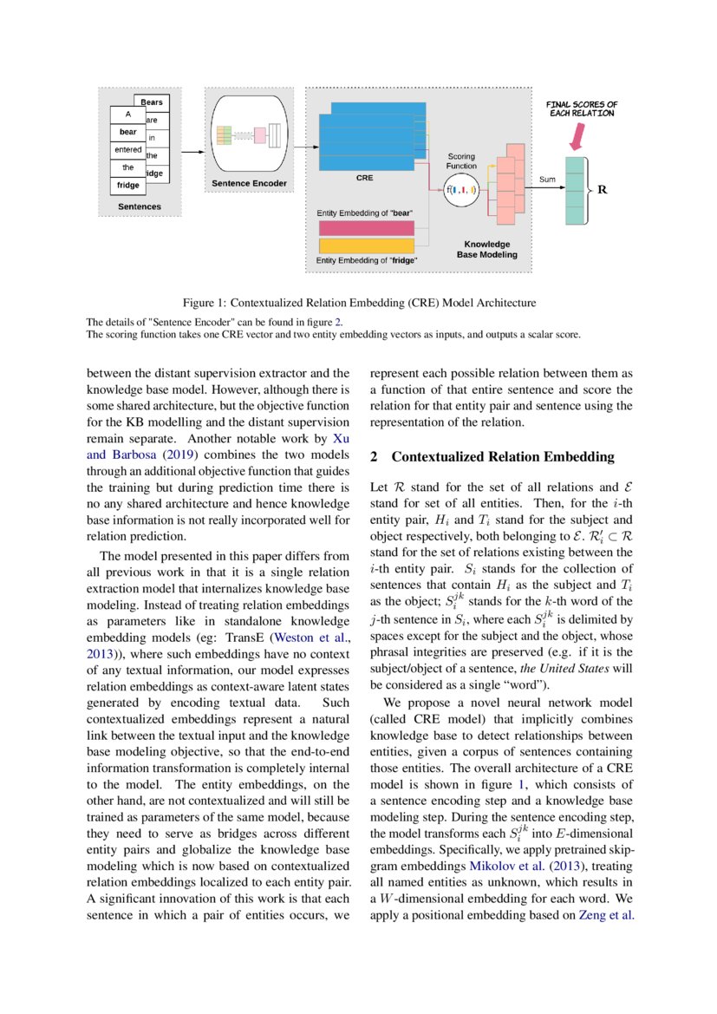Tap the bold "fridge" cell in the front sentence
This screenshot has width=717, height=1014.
128,185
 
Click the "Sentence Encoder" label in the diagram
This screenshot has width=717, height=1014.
249,184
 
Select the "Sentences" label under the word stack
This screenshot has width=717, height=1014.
140,207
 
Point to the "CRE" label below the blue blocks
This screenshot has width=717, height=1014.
364,177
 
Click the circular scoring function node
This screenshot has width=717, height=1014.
460,188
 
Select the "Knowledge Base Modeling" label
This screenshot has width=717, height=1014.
486,250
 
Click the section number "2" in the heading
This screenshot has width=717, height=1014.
375,456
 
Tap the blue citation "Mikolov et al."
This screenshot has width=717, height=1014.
506,889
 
